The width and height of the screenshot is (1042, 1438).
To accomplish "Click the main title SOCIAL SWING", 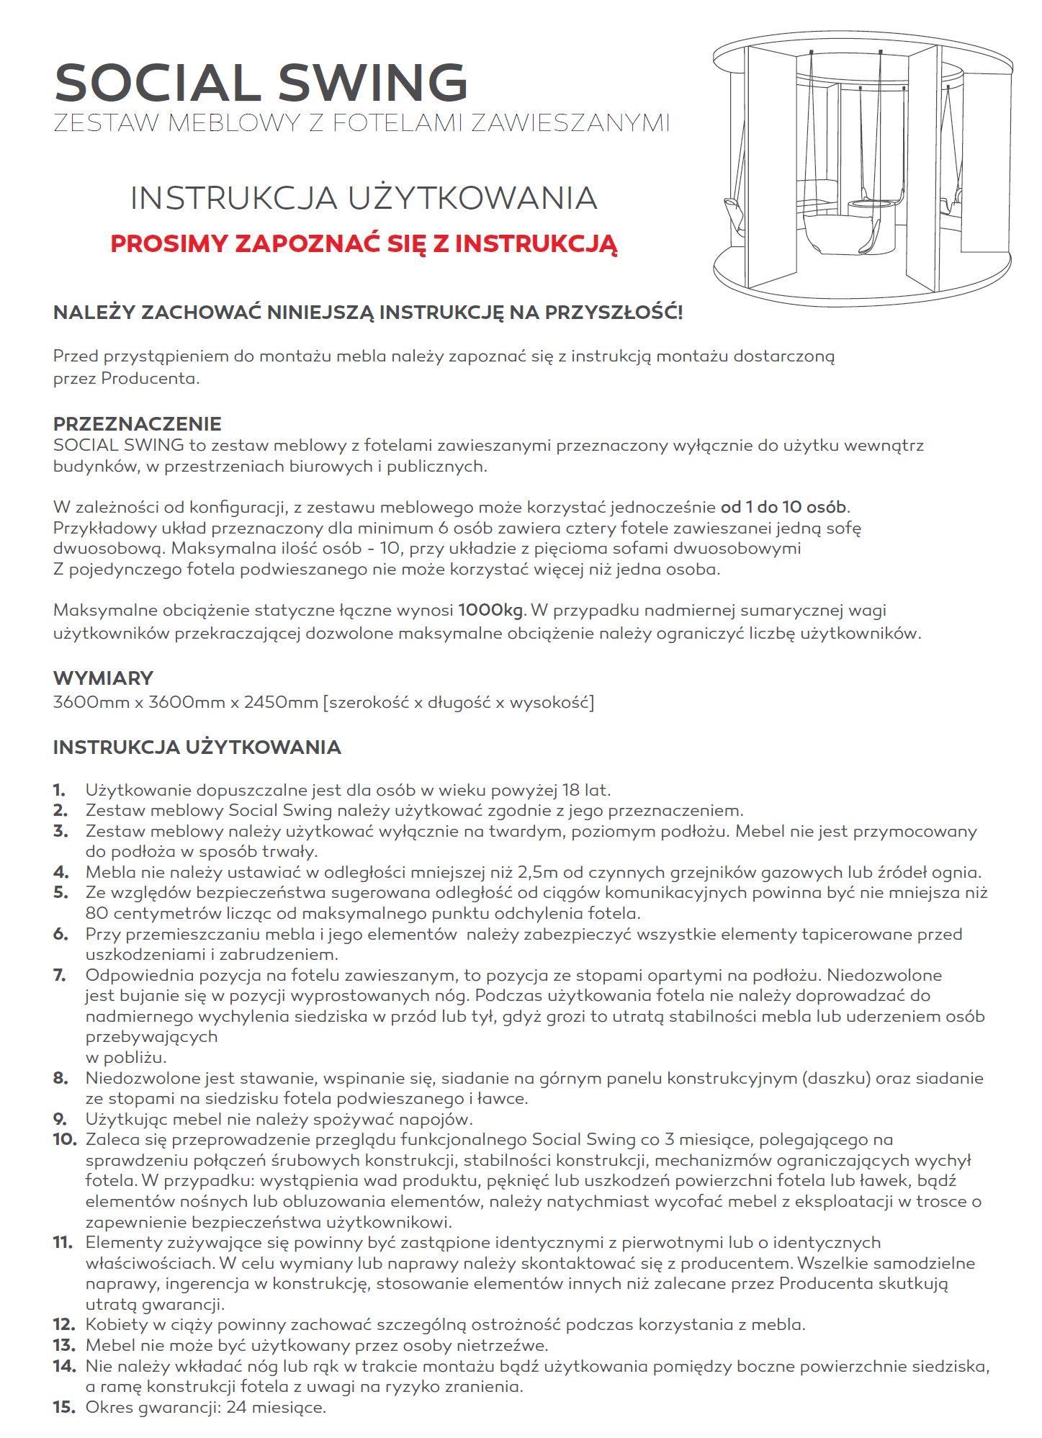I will [x=261, y=82].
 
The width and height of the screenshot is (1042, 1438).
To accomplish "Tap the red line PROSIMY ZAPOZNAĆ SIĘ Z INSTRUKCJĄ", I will [x=364, y=243].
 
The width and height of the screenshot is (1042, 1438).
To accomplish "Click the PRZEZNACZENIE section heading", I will [x=137, y=423].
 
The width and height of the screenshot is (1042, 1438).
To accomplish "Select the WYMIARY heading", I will [x=103, y=678].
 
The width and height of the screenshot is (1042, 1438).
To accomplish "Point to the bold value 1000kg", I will [x=490, y=611].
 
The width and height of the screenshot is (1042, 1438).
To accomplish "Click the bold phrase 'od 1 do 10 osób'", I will [x=783, y=507].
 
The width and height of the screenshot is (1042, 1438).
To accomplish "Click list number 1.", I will [x=60, y=790].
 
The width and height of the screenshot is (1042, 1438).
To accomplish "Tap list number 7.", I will [x=60, y=975].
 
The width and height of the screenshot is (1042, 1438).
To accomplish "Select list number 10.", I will [x=64, y=1140].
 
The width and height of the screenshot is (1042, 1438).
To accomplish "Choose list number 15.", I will [x=64, y=1406].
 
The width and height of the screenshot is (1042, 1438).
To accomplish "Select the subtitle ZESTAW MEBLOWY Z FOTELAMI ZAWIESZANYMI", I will [x=361, y=123].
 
